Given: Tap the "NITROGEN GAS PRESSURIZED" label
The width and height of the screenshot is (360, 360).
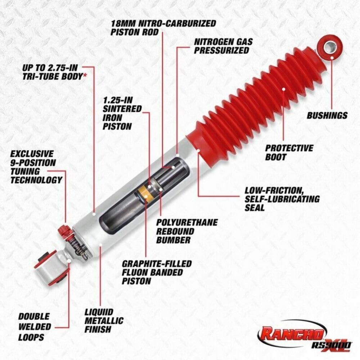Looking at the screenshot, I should click(x=223, y=46).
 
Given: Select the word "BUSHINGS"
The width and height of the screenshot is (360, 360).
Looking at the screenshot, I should click(x=327, y=116).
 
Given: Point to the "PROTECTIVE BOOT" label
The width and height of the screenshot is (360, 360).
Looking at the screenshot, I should click(x=289, y=152).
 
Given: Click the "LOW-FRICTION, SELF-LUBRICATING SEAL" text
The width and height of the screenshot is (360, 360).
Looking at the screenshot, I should click(x=282, y=198).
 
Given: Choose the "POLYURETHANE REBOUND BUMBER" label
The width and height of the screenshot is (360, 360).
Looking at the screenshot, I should click(x=186, y=231).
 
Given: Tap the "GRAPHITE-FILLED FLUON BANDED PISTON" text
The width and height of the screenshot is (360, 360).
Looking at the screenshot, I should click(x=157, y=272).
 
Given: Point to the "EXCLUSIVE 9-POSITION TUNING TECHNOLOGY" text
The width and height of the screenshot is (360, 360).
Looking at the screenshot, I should click(x=36, y=167).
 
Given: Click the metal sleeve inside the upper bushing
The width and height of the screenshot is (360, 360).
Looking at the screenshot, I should click(x=329, y=47).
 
